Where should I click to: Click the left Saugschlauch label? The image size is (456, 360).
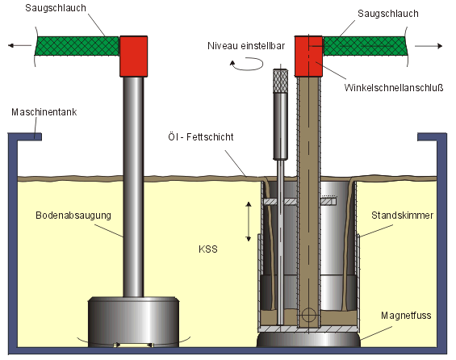pyautogui.click(x=56, y=8)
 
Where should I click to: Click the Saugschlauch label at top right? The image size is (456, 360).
pyautogui.click(x=388, y=14)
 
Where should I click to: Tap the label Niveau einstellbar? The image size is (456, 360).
pyautogui.click(x=246, y=46)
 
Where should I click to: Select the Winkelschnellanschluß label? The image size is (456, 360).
pyautogui.click(x=394, y=87)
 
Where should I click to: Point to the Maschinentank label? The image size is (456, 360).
pyautogui.click(x=44, y=112)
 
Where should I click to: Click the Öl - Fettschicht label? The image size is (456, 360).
pyautogui.click(x=201, y=136)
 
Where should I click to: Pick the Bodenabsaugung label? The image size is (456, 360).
pyautogui.click(x=73, y=216)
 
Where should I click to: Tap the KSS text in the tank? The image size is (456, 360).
pyautogui.click(x=208, y=249)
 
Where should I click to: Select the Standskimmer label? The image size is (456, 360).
pyautogui.click(x=402, y=216)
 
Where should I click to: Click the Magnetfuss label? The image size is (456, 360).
pyautogui.click(x=406, y=316)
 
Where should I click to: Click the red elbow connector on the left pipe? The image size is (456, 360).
pyautogui.click(x=133, y=57)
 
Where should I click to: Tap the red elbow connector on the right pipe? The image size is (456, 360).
pyautogui.click(x=308, y=57)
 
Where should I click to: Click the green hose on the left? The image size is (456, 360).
pyautogui.click(x=77, y=46)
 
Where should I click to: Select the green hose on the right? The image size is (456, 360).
pyautogui.click(x=365, y=46)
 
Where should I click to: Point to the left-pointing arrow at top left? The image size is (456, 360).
pyautogui.click(x=19, y=45)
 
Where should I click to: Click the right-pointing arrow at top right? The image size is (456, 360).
pyautogui.click(x=429, y=46)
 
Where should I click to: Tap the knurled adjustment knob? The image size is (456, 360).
pyautogui.click(x=280, y=81)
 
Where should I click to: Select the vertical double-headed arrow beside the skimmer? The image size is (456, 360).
pyautogui.click(x=249, y=222)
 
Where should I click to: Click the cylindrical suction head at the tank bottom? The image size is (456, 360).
pyautogui.click(x=133, y=322)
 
